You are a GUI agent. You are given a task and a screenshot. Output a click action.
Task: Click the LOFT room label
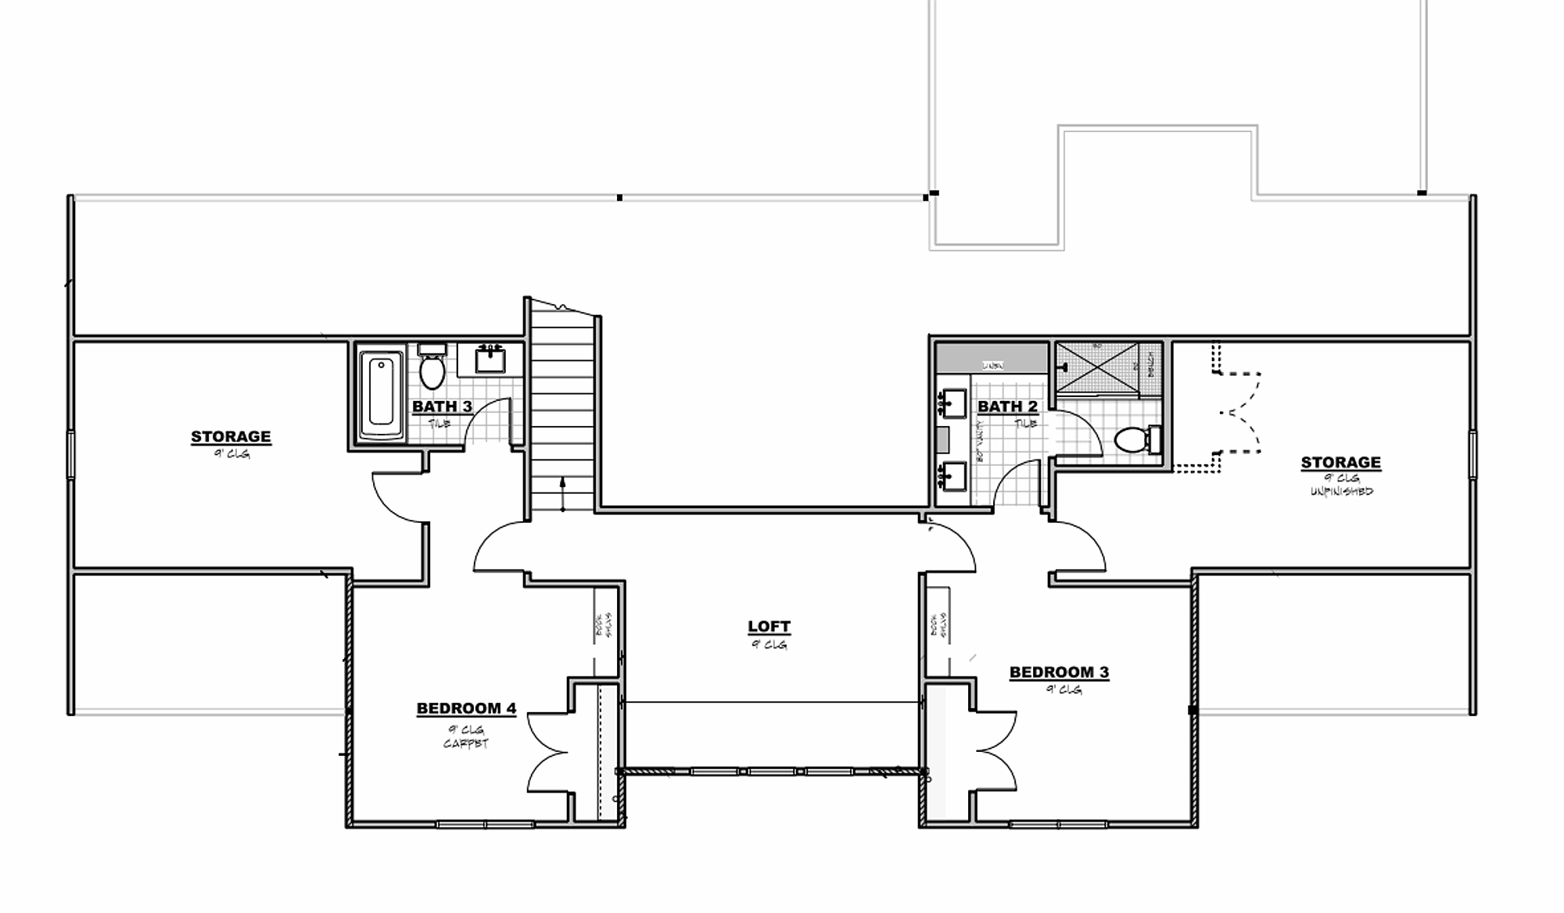pos(769,627)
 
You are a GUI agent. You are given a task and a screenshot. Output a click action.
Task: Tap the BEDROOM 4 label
pos(466,709)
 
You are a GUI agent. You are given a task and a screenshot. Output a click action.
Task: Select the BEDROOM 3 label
pos(1059,672)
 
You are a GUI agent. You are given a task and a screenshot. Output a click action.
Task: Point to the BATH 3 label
pos(442,406)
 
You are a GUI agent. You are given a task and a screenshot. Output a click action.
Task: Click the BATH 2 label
pos(1007,406)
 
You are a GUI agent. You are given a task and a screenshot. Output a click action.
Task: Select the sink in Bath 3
pos(490,360)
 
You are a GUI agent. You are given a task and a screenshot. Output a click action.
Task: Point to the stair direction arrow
pos(562,494)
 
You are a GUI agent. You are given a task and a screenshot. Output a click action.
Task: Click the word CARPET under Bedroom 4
pos(465,743)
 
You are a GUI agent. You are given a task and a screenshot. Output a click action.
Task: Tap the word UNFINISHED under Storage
pos(1341,492)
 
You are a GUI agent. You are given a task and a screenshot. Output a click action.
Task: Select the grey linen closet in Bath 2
pos(992,358)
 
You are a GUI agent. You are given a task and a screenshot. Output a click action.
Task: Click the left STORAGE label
pos(231,437)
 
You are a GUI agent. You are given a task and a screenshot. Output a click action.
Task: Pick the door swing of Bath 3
pos(486,422)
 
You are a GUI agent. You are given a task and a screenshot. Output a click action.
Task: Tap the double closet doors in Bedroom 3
pos(993,752)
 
